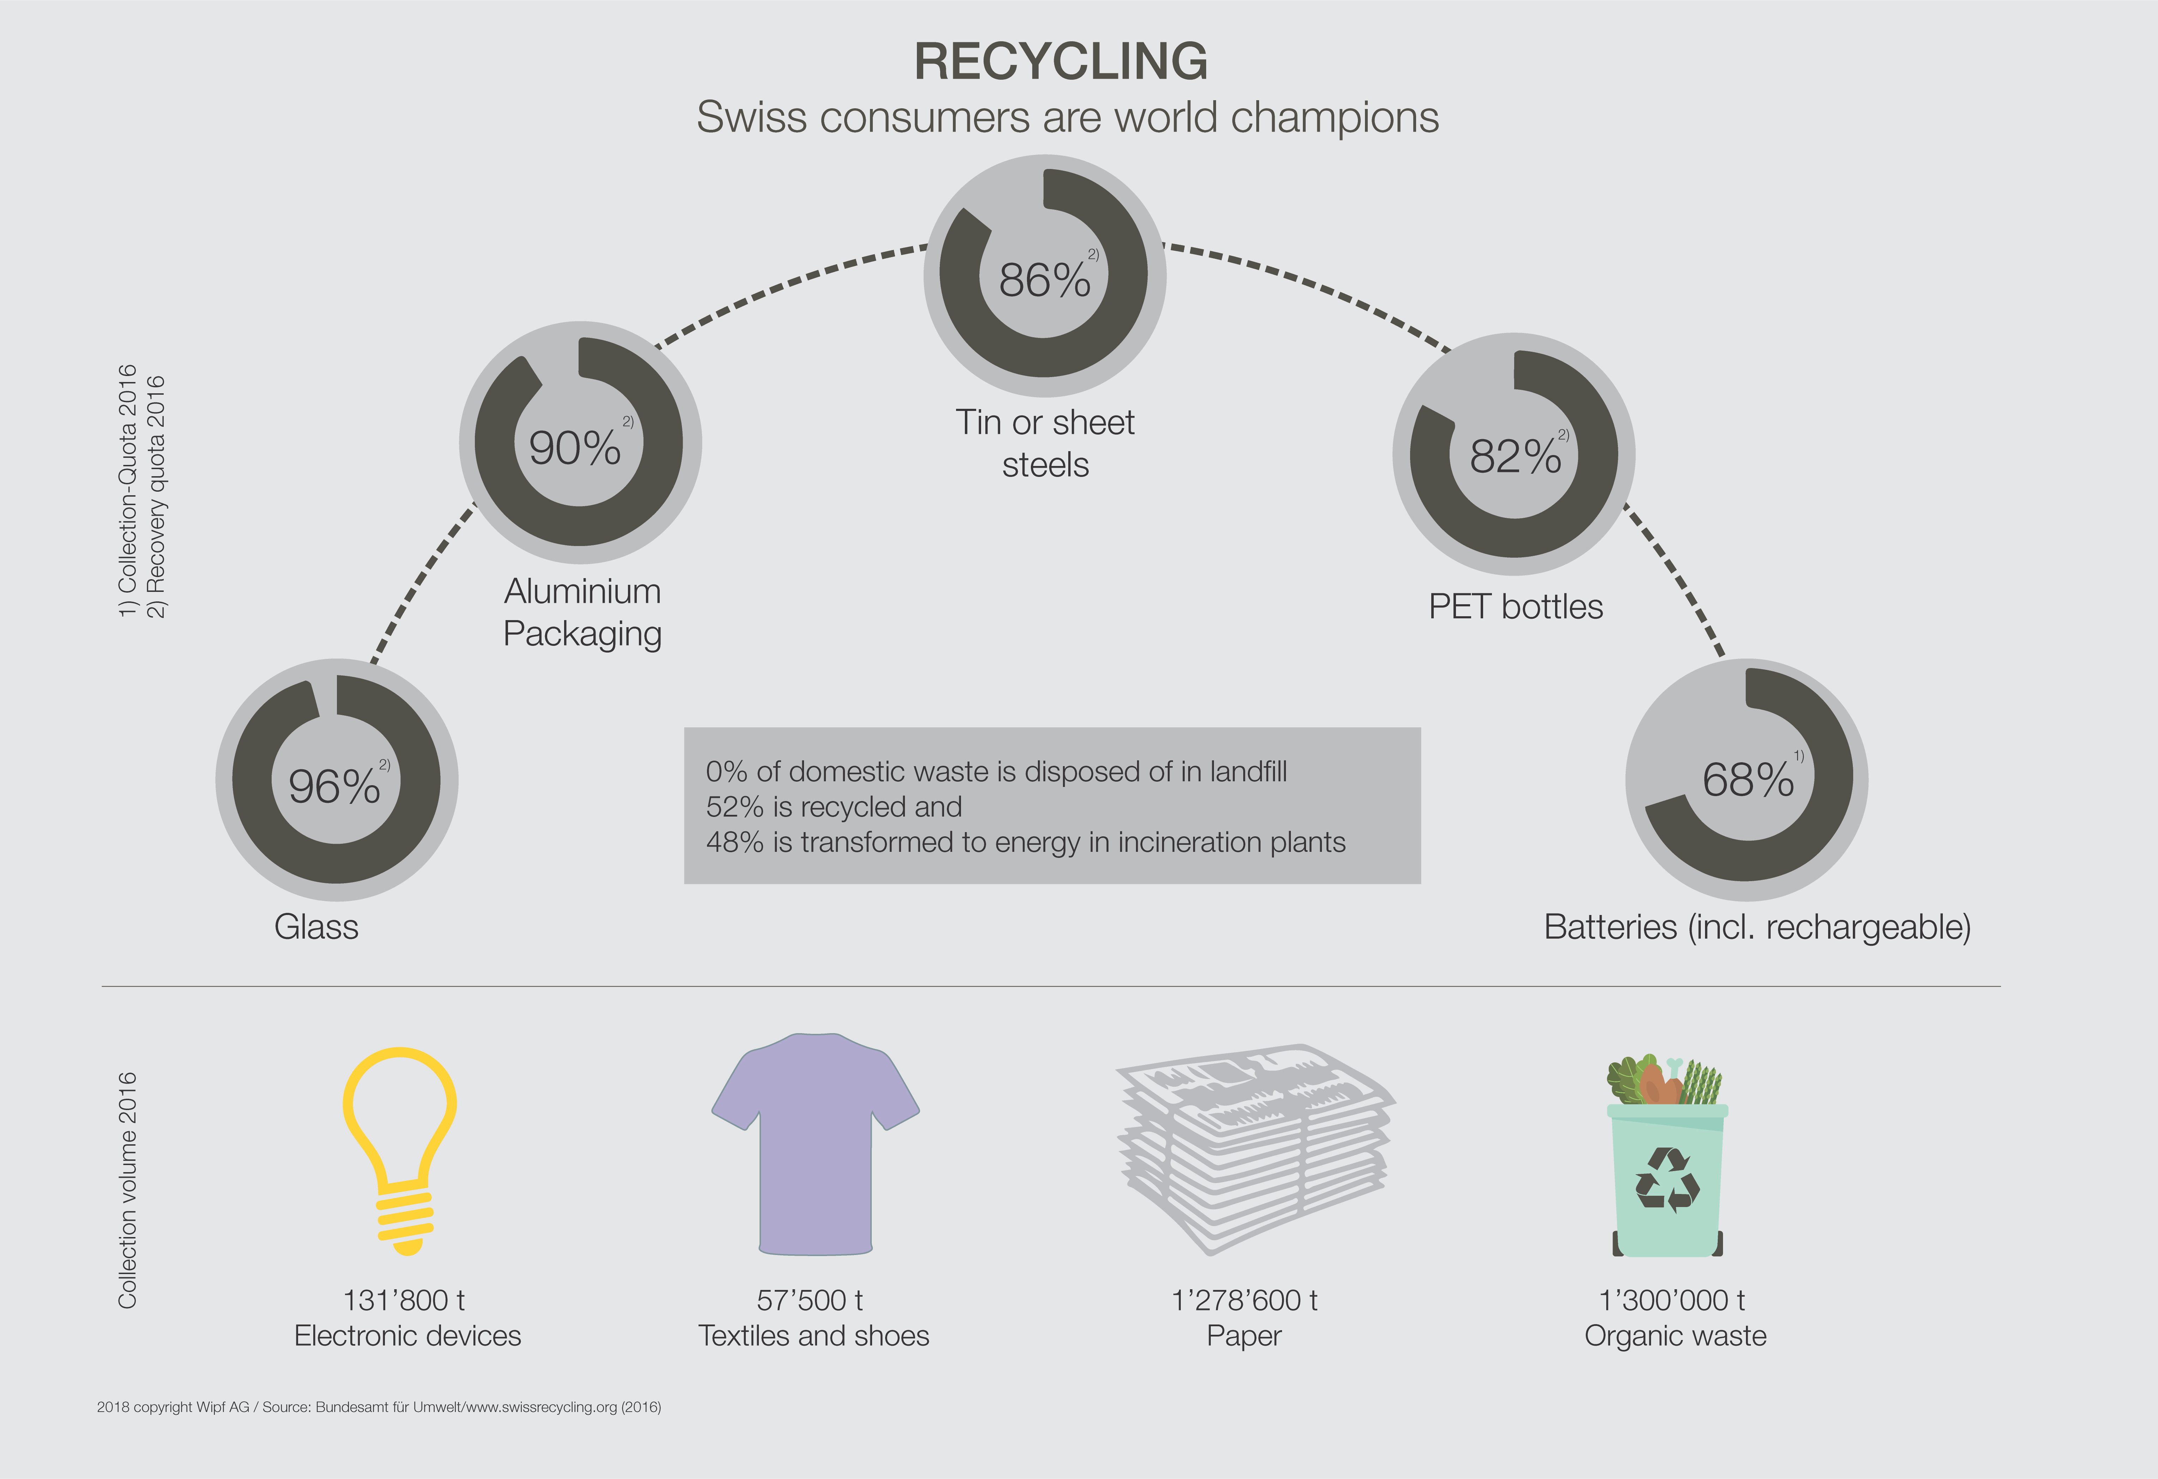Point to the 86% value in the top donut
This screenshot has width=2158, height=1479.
1045,279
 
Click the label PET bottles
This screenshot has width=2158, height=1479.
1516,606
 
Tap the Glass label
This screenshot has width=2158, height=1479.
316,927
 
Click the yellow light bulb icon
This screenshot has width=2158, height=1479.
400,1151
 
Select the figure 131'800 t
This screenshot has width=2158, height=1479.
404,1300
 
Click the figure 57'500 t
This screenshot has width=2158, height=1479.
810,1300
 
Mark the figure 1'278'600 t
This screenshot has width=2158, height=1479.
1244,1300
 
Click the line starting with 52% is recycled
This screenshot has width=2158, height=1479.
834,807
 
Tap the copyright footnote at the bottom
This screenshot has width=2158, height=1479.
379,1407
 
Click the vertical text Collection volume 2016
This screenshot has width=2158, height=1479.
127,1190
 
